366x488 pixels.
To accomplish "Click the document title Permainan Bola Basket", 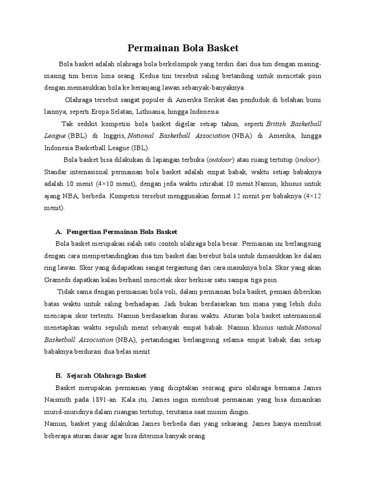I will [183, 48].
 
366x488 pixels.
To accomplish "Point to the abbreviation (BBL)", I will [78, 136].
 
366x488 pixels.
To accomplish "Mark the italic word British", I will [280, 124].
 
